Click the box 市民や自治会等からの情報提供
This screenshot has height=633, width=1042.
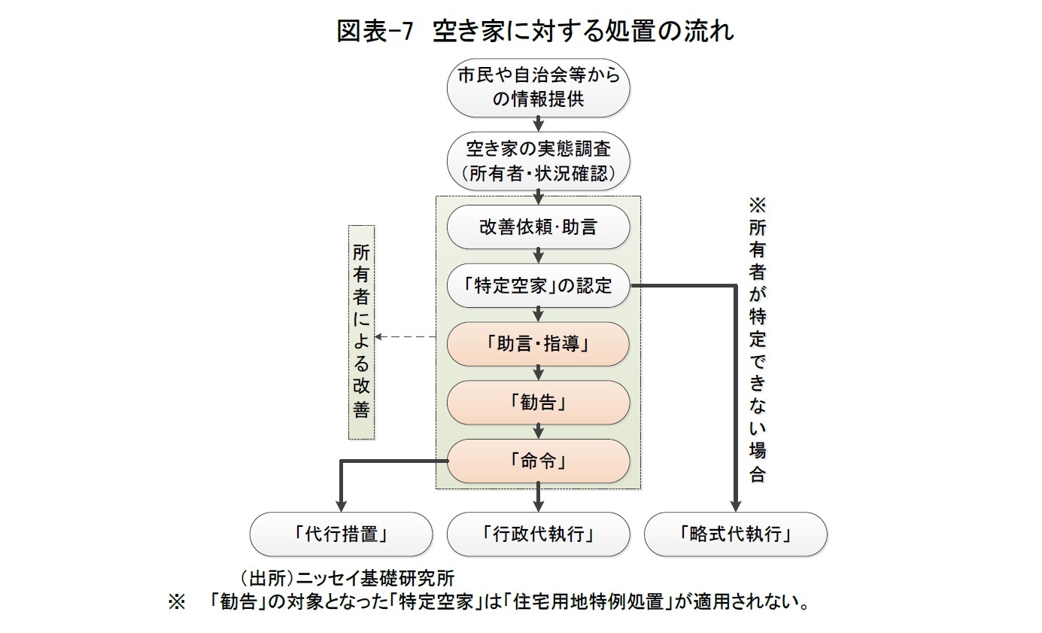(538, 87)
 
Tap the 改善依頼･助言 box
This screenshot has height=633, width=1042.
(538, 227)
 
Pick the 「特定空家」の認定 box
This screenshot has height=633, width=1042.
(538, 285)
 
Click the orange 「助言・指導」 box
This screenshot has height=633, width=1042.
(538, 344)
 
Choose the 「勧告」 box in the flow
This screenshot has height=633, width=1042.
(538, 402)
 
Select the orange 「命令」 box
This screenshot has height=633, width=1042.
(538, 461)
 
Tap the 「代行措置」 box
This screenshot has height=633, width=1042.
(341, 534)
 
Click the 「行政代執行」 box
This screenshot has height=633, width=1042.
(538, 534)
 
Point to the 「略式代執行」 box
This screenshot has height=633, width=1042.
(735, 534)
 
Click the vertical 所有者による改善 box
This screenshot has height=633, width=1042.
(361, 331)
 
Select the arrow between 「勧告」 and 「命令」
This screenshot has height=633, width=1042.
(539, 431)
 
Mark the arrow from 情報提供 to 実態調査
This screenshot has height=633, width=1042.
(539, 123)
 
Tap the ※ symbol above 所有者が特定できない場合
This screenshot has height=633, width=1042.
(757, 205)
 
